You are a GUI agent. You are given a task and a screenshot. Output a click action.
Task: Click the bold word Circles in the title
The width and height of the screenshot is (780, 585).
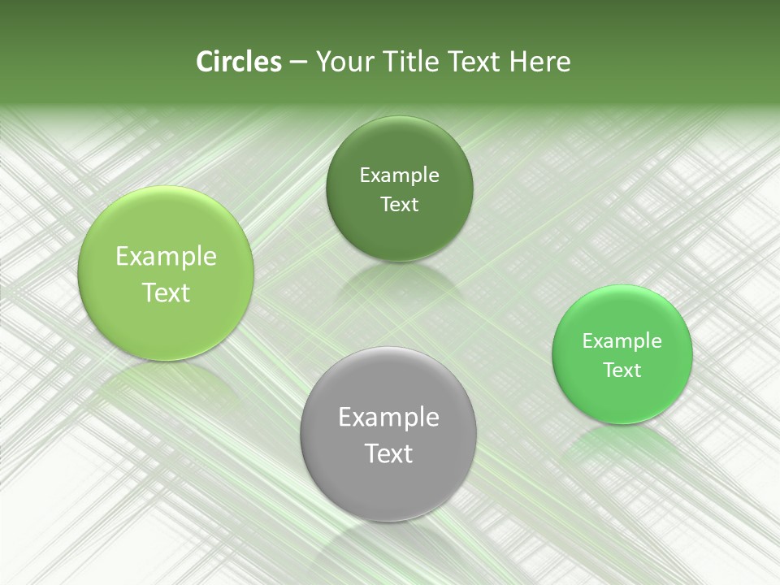click(x=239, y=62)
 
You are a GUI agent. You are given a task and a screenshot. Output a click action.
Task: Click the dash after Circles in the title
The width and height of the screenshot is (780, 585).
click(x=298, y=63)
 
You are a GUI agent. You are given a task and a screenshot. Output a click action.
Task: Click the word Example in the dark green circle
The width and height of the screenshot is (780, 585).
click(x=399, y=175)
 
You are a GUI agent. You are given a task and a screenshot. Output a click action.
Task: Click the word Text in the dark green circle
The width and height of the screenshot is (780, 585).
click(x=399, y=205)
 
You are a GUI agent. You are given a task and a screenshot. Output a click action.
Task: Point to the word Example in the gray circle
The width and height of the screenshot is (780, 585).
click(x=388, y=418)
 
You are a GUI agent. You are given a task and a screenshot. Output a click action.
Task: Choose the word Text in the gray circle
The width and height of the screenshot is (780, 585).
click(x=388, y=453)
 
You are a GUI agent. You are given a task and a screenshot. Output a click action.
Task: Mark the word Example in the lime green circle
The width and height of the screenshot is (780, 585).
click(x=166, y=257)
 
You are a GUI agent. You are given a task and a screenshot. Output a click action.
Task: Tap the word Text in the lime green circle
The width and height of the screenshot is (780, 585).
click(x=166, y=292)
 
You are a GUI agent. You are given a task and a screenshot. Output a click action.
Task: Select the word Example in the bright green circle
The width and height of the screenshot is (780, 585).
click(x=622, y=340)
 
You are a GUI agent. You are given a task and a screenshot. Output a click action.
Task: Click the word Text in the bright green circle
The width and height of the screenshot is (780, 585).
click(x=622, y=370)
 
